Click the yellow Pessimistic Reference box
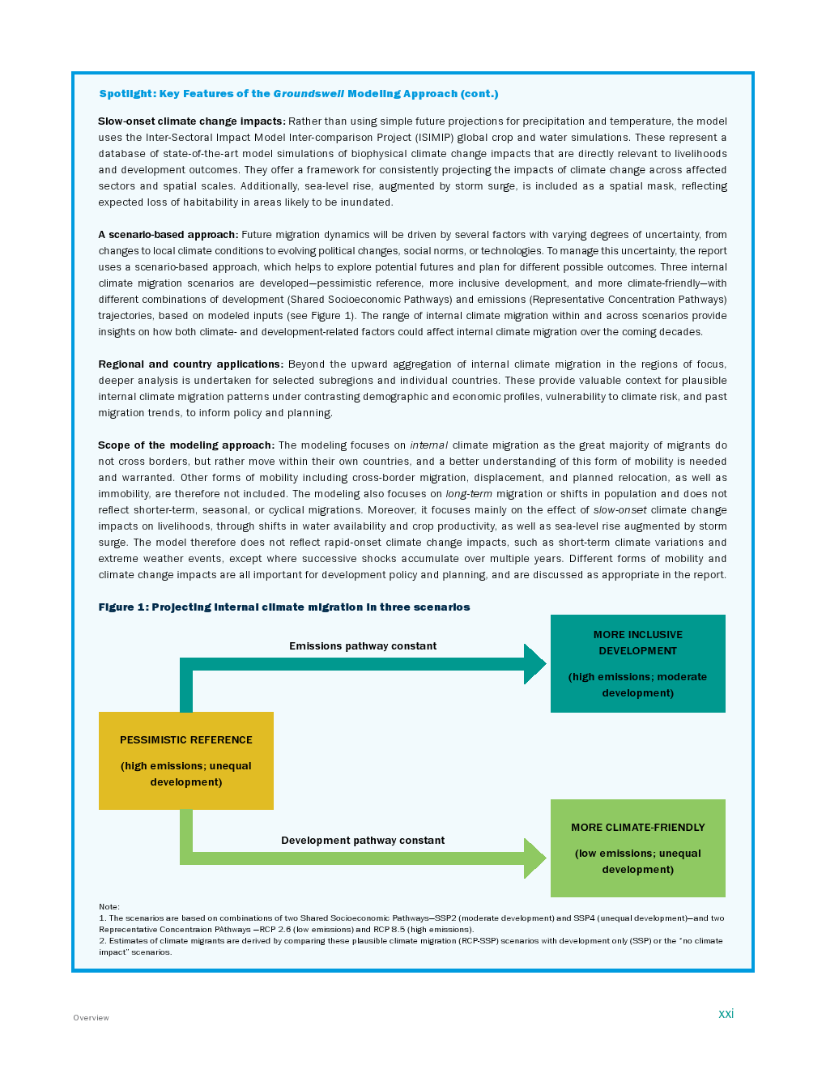click(186, 760)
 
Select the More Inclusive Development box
click(638, 663)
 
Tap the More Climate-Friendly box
click(638, 848)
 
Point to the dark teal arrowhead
click(535, 664)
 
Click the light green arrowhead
click(535, 858)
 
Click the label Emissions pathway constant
click(363, 646)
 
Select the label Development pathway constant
click(363, 841)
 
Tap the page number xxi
click(726, 1014)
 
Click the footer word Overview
click(91, 1018)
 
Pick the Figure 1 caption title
click(284, 607)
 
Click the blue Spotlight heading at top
click(299, 94)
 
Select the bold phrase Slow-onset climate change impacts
click(192, 121)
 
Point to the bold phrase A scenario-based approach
click(168, 235)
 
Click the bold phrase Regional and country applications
click(191, 364)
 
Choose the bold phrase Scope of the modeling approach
click(186, 445)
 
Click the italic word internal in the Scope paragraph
click(429, 445)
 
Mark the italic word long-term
click(469, 494)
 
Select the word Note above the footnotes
click(109, 907)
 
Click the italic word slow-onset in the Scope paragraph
click(620, 510)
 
